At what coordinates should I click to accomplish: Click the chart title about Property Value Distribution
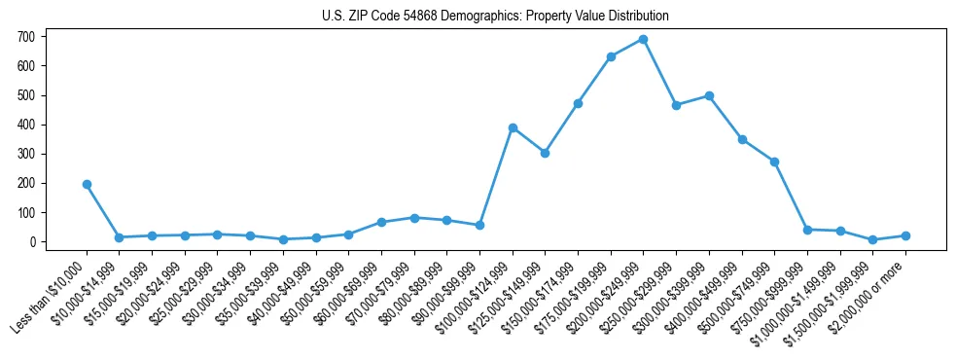click(495, 17)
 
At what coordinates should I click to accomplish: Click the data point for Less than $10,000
click(87, 184)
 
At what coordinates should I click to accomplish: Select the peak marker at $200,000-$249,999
click(643, 40)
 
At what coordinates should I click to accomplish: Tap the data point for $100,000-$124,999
click(513, 127)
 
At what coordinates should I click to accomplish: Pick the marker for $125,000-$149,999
click(545, 153)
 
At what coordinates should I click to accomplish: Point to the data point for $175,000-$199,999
click(611, 56)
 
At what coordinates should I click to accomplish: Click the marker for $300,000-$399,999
click(709, 95)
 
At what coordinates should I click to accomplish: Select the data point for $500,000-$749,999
click(774, 162)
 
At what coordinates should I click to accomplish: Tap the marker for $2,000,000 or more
click(905, 235)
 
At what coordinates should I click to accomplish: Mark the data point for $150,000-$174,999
click(578, 103)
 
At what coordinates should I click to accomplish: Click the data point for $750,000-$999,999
click(807, 230)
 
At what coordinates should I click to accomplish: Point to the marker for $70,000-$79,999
click(414, 218)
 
